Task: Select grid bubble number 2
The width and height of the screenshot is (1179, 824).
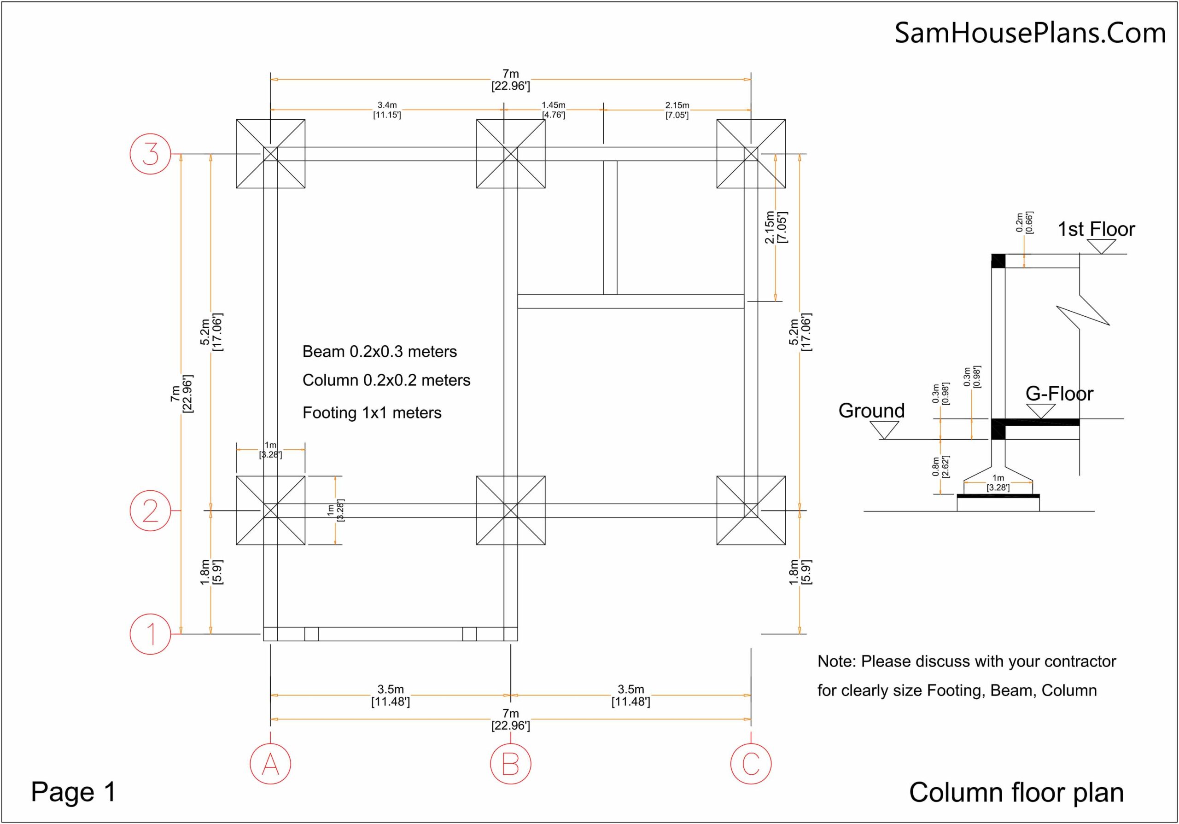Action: [150, 511]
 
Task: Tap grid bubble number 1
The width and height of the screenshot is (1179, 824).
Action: [150, 633]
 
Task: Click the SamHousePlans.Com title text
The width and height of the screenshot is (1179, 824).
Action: [1030, 33]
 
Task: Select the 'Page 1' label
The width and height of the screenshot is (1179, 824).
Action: [73, 792]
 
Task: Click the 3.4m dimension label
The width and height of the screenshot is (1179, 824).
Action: [387, 105]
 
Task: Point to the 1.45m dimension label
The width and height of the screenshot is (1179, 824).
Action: [554, 105]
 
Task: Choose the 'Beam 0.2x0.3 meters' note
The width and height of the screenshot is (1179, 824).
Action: [379, 352]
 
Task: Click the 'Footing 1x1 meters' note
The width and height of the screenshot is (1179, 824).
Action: [372, 413]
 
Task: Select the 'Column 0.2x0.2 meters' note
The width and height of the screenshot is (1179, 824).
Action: [386, 380]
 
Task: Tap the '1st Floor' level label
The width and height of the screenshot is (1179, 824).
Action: [1096, 229]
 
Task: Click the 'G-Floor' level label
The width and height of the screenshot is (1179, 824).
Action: [1059, 394]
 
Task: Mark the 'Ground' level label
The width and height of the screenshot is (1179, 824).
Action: [871, 411]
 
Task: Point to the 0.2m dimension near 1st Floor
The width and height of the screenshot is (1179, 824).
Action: [1020, 222]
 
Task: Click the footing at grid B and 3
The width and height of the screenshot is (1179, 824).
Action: [510, 153]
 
